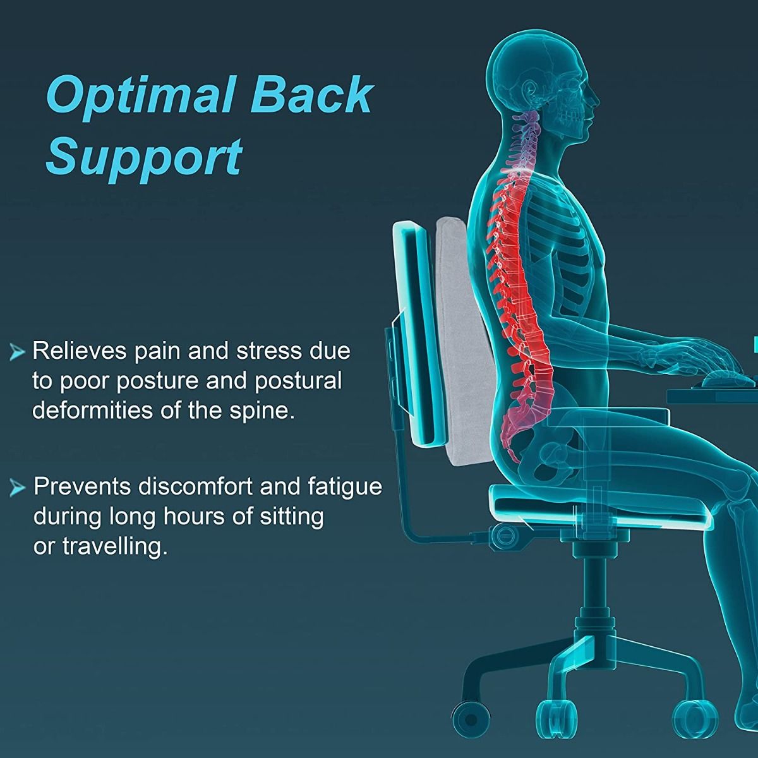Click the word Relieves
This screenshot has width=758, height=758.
click(80, 351)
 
